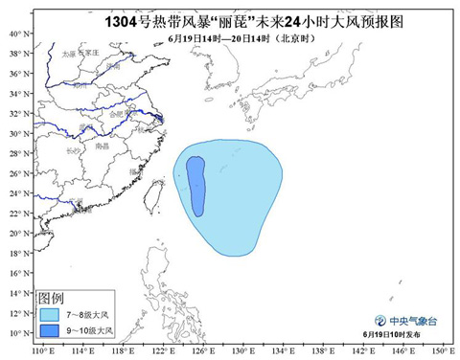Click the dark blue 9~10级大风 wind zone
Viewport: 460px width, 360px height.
(196, 186)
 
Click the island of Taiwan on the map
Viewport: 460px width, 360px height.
(156, 202)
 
